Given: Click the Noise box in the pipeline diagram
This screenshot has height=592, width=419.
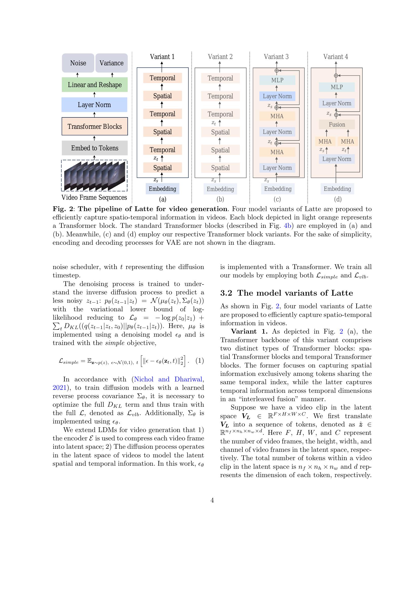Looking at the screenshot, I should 78,63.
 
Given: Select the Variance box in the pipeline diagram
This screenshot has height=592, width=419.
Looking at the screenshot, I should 111,63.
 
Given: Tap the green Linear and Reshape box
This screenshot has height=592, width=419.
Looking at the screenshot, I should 95,85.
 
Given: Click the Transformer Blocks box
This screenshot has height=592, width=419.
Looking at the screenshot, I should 95,126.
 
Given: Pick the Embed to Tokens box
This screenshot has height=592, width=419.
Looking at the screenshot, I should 95,148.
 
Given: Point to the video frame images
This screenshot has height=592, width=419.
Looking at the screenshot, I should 95,176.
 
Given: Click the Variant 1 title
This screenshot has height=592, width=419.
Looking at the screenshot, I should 162,57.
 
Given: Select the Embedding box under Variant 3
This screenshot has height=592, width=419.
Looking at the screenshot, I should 278,189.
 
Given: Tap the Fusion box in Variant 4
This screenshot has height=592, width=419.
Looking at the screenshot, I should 337,125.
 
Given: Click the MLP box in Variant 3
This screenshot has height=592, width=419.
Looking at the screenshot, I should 277,80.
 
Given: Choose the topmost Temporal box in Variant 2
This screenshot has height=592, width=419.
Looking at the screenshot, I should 220,78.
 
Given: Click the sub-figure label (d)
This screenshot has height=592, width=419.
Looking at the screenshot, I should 337,199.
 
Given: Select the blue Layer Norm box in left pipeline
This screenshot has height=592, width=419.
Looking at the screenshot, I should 94,105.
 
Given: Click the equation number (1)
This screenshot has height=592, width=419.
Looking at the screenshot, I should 199,360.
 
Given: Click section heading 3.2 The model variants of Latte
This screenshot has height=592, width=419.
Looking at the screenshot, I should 287,293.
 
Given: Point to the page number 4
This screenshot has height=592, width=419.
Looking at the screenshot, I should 212,500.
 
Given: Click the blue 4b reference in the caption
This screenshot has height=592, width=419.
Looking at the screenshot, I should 288,226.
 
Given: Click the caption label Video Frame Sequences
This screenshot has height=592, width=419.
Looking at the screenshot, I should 94,197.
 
